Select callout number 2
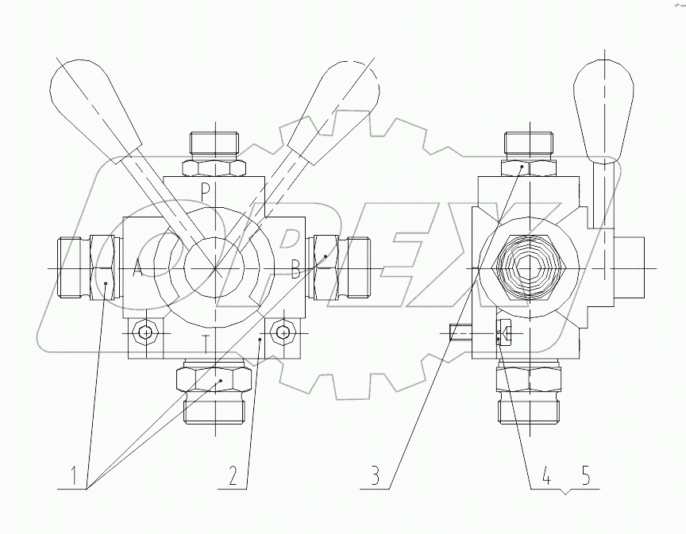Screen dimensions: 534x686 (232, 477)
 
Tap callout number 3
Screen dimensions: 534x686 (374, 477)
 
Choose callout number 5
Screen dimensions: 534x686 (586, 477)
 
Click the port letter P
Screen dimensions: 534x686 (205, 190)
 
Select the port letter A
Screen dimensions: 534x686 (137, 269)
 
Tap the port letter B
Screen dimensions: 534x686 (295, 270)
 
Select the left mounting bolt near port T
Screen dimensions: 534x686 (145, 333)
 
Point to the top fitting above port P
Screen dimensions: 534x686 (214, 145)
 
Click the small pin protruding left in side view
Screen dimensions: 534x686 (459, 334)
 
